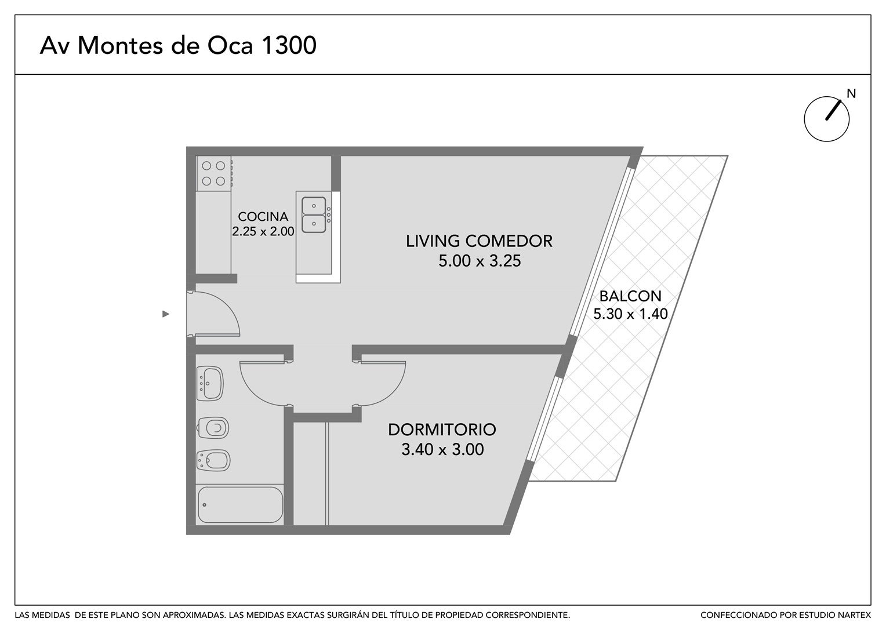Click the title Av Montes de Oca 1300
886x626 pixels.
[178, 45]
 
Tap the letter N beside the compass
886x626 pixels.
[851, 94]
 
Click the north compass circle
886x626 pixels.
[826, 119]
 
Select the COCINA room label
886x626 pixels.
[263, 216]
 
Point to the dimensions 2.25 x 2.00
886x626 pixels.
[263, 231]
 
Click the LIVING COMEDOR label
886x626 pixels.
[479, 241]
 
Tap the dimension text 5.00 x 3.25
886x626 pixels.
[480, 261]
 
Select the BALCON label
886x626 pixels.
[630, 296]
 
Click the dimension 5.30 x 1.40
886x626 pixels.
[630, 314]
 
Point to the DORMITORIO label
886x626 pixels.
[442, 430]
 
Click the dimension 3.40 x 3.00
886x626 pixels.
[442, 449]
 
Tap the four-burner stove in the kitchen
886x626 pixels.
[214, 173]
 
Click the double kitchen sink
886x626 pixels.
[314, 214]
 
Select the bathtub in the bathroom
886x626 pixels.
[240, 505]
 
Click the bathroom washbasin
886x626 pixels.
[210, 383]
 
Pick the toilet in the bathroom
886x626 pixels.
[213, 428]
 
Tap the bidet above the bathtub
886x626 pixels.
[213, 460]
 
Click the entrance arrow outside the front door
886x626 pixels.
[166, 314]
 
